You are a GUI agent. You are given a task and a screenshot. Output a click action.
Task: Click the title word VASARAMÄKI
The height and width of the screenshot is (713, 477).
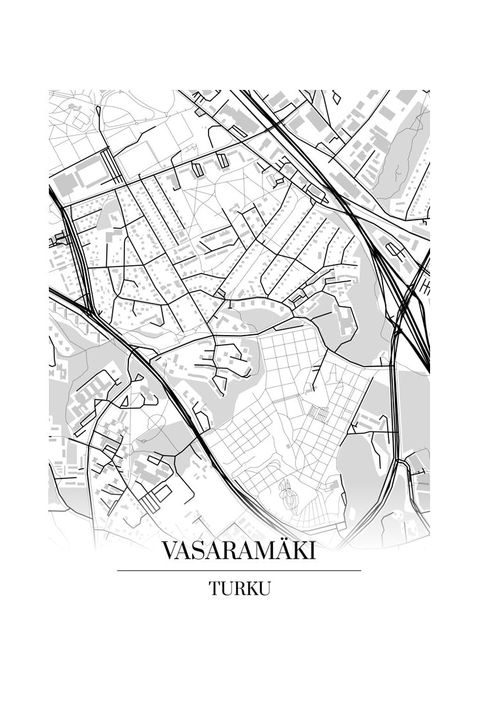tap(238, 551)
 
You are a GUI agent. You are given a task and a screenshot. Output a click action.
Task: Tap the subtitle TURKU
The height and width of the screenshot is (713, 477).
tap(238, 588)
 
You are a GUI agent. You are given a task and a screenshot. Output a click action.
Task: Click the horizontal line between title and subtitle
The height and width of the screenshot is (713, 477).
tap(238, 570)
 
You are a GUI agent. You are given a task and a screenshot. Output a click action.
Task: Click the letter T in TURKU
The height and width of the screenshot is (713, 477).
tap(214, 588)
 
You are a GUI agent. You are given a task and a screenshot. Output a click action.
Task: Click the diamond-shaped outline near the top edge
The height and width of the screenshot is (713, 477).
tap(336, 97)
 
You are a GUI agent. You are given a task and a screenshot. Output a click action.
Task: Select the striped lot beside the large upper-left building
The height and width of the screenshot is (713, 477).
tap(112, 167)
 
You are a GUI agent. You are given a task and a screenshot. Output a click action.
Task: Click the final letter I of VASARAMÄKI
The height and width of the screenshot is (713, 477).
tap(311, 551)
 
